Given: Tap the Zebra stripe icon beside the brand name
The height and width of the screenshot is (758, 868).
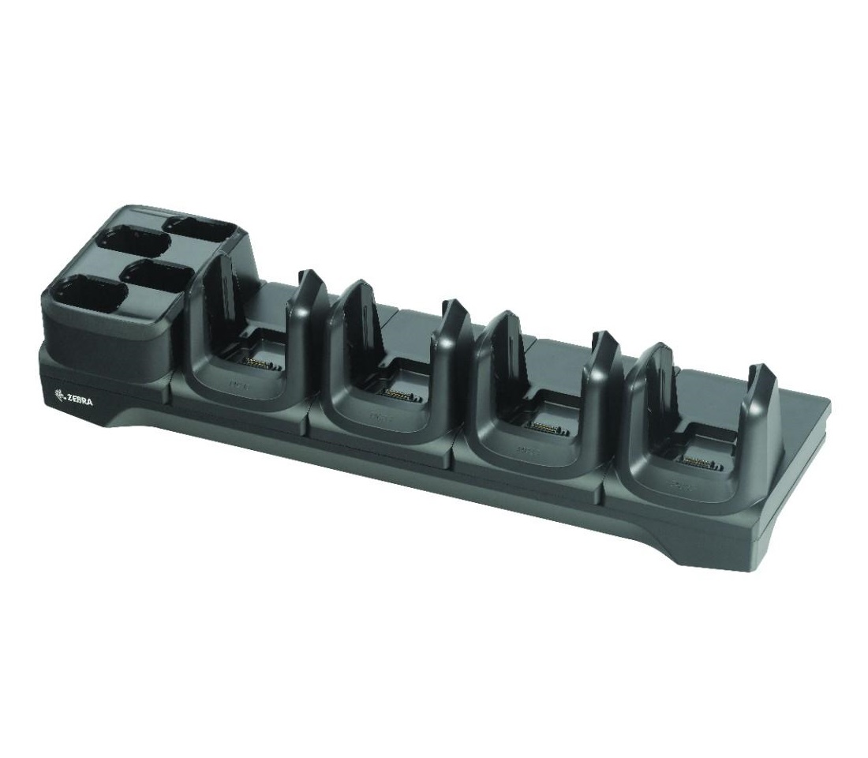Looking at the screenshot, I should [x=58, y=396].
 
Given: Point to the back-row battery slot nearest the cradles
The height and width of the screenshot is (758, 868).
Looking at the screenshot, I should [x=201, y=229].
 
